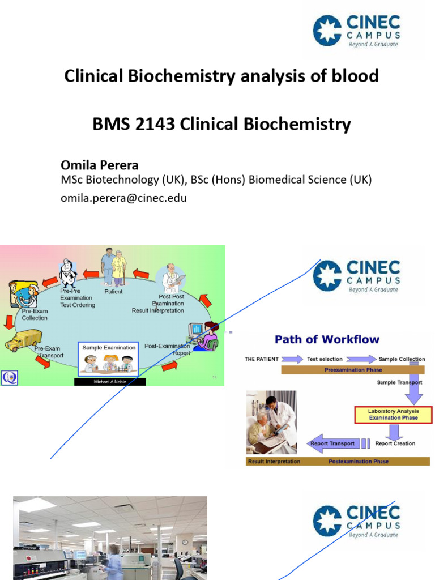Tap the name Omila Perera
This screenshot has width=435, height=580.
point(99,165)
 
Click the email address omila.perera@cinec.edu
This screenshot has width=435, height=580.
point(123,198)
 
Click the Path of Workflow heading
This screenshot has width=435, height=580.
point(327,340)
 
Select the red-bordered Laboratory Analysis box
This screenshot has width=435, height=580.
point(393,414)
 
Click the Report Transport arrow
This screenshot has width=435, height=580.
point(332,443)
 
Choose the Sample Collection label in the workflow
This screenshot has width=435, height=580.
point(402,359)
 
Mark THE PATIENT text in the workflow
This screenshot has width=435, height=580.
point(262,359)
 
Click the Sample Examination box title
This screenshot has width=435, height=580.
point(109,347)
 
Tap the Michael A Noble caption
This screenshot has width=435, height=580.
point(110,382)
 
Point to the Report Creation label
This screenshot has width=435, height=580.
point(395,443)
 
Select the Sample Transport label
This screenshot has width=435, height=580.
point(399,383)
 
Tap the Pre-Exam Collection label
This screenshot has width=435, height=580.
point(35,314)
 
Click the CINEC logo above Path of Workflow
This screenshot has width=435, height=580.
point(357,276)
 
